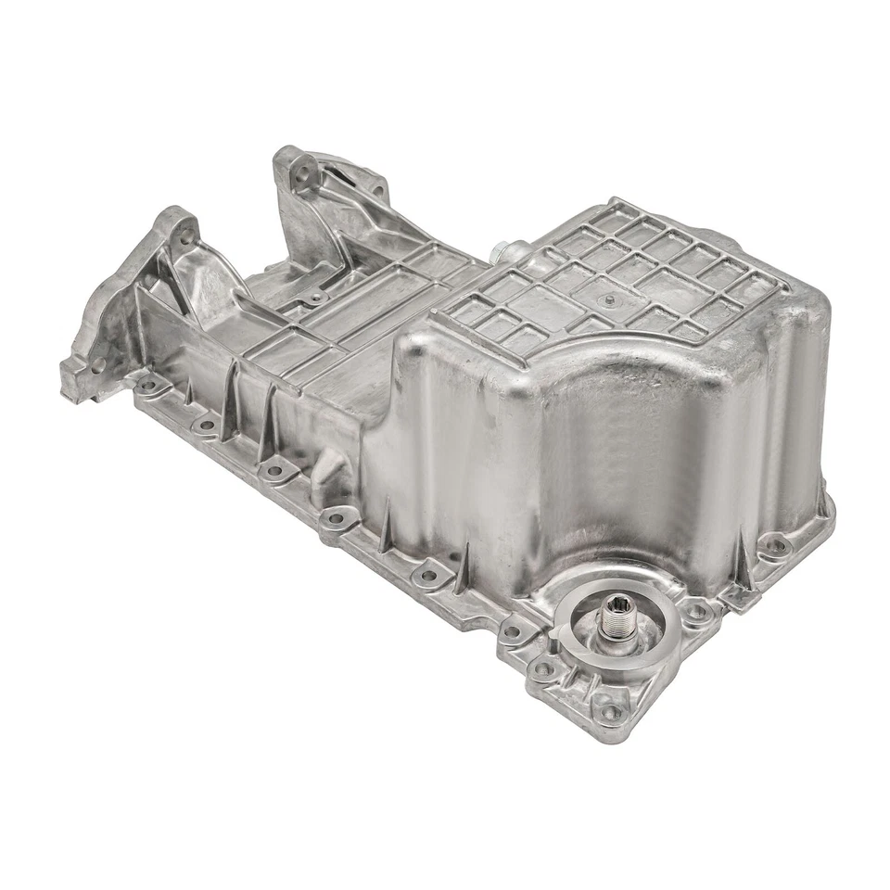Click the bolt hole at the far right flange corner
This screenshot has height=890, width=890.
click(777, 545)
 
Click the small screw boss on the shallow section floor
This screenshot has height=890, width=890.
click(316, 298)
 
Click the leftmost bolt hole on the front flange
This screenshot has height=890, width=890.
click(147, 383)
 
